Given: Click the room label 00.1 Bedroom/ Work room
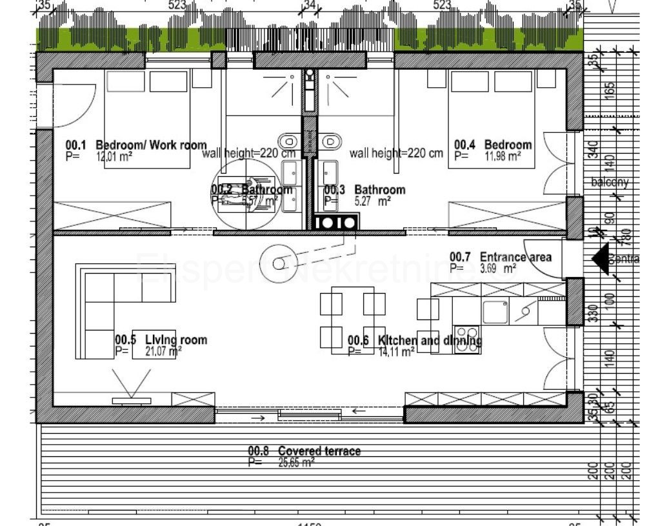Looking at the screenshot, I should pos(136,145).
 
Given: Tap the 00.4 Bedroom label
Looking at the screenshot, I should pos(493,145).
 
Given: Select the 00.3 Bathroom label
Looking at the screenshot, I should pos(364,190).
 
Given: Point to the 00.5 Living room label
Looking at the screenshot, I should pos(161,340).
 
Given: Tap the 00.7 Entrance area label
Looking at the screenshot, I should pos(501,258).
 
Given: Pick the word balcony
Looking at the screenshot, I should pos(610,183).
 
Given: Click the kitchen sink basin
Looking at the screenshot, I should pos(495,311).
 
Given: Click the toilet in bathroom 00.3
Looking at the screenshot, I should pos(332,140).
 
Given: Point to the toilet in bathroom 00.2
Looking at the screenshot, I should pos(288,140).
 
